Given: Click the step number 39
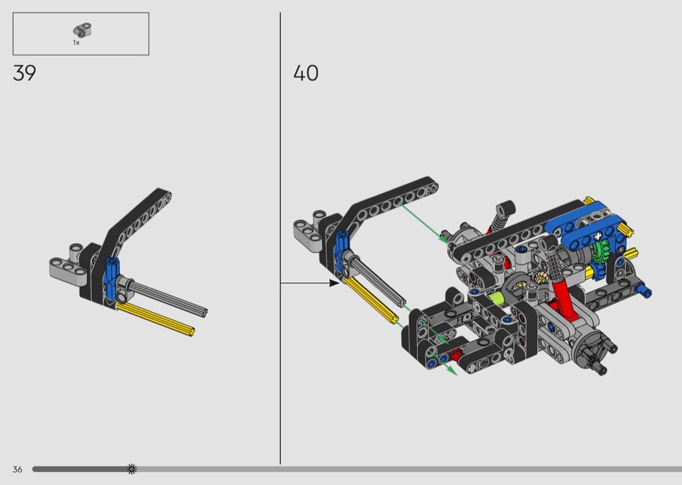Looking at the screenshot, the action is coord(25,73).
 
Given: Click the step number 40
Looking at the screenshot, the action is coord(306,73).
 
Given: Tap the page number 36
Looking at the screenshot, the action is coord(18,469).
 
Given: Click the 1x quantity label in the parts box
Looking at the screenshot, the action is coord(76,43).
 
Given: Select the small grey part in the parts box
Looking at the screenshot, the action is coord(82,30).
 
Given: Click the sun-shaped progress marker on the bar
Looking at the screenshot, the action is coord(131,469).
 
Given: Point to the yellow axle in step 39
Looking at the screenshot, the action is coord(155,319).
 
